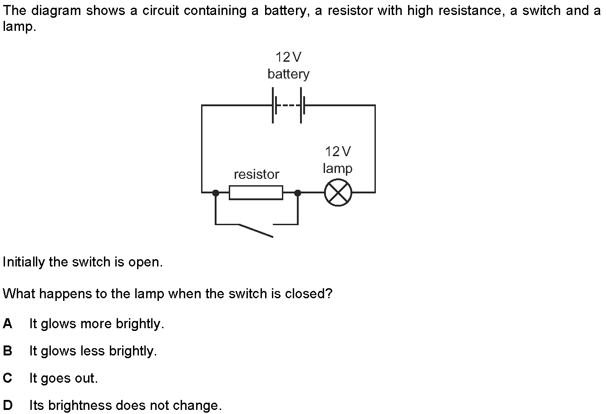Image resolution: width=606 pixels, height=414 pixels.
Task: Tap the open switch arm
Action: (x=256, y=231)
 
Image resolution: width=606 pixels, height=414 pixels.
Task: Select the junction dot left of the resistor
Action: (x=216, y=192)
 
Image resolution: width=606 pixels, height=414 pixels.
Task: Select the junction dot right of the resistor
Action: (x=298, y=192)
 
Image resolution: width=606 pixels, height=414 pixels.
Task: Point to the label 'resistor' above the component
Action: (x=256, y=174)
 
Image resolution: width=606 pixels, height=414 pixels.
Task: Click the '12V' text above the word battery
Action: (x=288, y=57)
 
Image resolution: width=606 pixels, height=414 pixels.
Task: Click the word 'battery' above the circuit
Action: (x=288, y=74)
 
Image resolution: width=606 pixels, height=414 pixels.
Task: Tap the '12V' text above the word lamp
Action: (x=338, y=151)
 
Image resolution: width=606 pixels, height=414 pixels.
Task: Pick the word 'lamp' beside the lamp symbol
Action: (x=338, y=168)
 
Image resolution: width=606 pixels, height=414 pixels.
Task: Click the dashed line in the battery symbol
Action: (x=288, y=105)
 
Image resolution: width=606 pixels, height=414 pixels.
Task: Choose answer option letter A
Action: (x=8, y=323)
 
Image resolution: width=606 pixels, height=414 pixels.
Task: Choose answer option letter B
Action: (x=8, y=351)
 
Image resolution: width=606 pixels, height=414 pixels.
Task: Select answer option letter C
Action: (x=8, y=378)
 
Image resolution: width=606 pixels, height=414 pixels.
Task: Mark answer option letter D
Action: (x=8, y=405)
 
